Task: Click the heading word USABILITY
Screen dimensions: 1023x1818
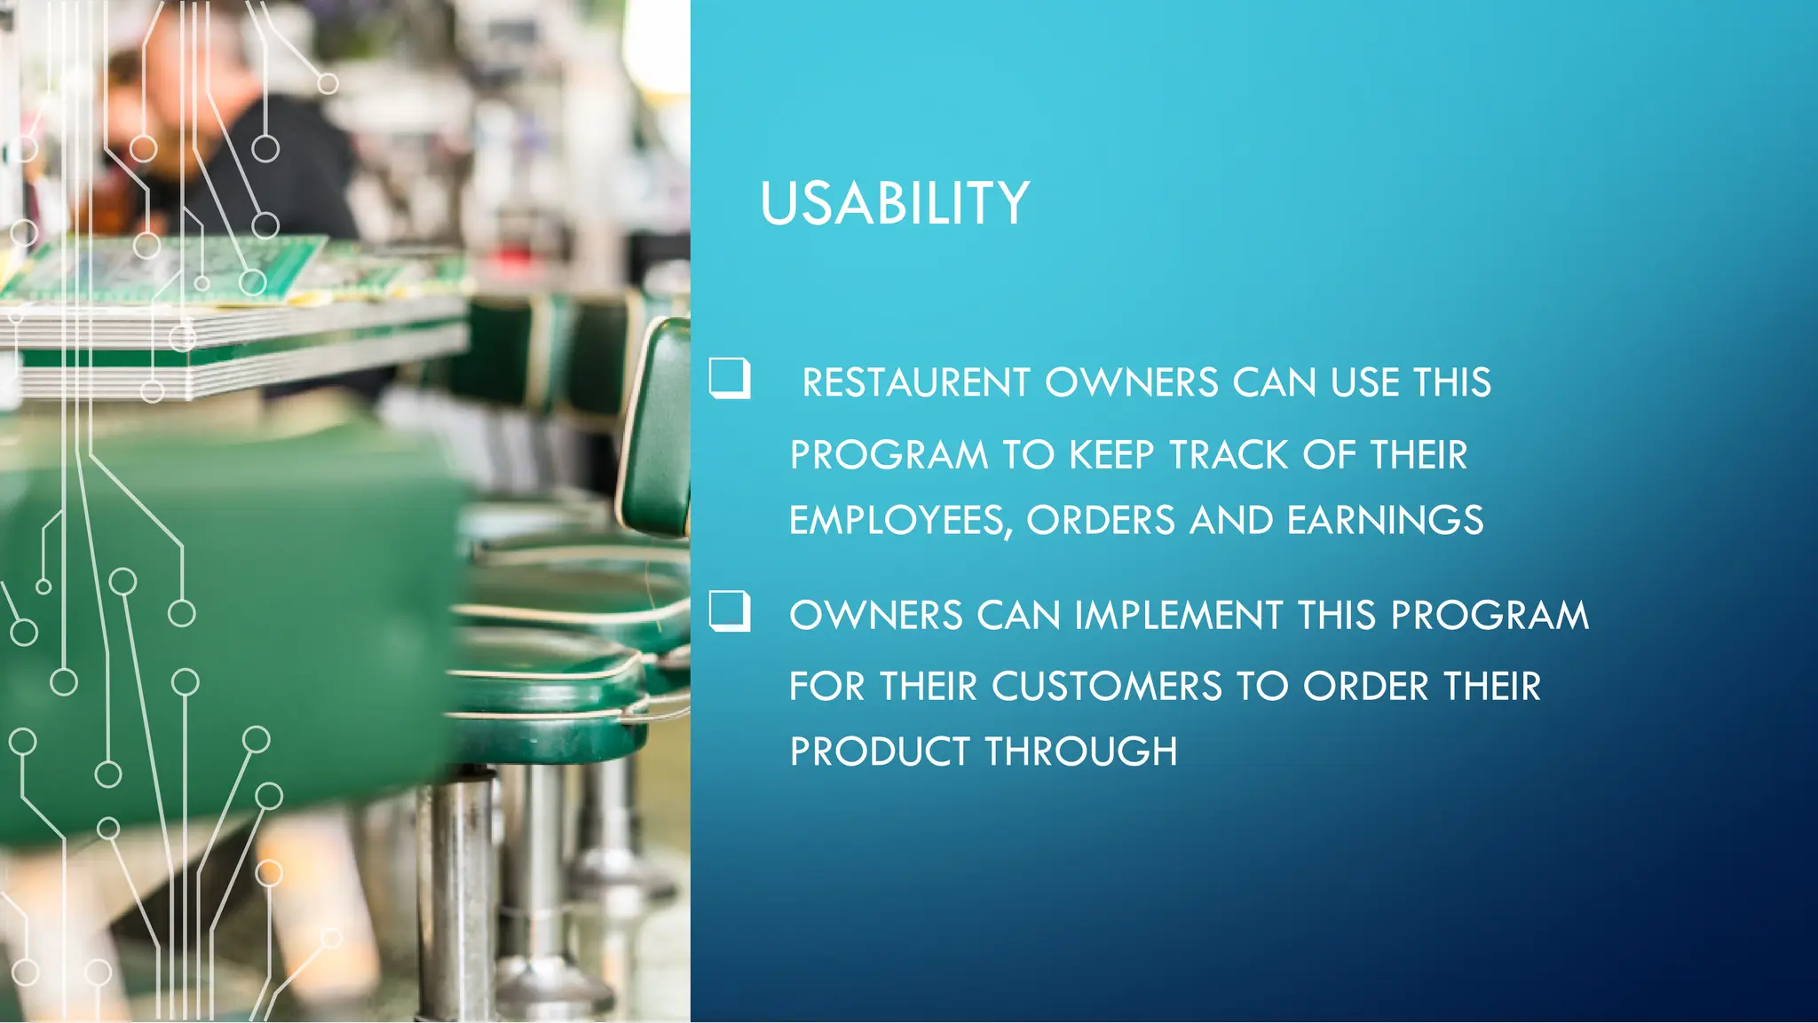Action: click(x=894, y=203)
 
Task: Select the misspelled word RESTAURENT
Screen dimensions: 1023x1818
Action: click(x=915, y=383)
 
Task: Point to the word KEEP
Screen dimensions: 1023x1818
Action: click(x=1111, y=455)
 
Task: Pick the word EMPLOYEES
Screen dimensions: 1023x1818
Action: click(x=897, y=521)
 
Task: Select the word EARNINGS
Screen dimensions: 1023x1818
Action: click(x=1385, y=521)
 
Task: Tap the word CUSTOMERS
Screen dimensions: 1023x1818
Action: click(x=1106, y=687)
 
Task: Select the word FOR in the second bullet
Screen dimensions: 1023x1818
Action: click(x=826, y=687)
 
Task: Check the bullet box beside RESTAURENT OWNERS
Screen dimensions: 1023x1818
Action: click(x=730, y=379)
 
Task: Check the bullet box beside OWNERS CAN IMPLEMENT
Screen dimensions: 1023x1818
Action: click(x=730, y=611)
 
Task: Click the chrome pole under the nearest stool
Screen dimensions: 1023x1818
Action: click(x=457, y=896)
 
